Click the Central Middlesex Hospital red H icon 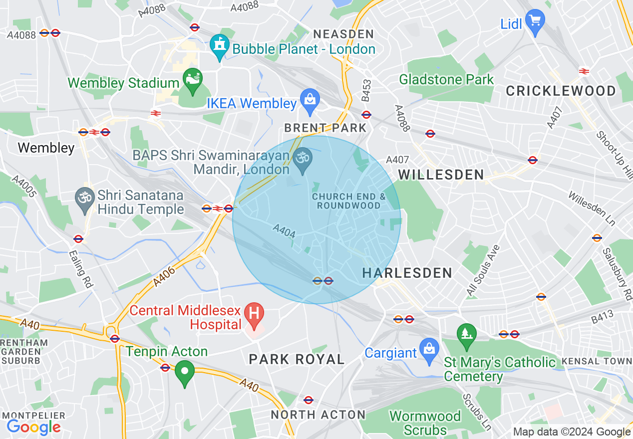tap(254, 315)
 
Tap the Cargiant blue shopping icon tap(428, 349)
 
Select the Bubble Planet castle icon tap(219, 46)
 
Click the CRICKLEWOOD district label tap(561, 91)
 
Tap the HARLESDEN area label tap(407, 273)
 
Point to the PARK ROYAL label tap(297, 359)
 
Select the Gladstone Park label tap(446, 79)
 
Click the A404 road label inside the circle tap(284, 231)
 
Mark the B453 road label tap(367, 90)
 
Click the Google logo tap(33, 427)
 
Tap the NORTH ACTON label tap(318, 415)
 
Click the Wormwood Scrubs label tap(425, 423)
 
